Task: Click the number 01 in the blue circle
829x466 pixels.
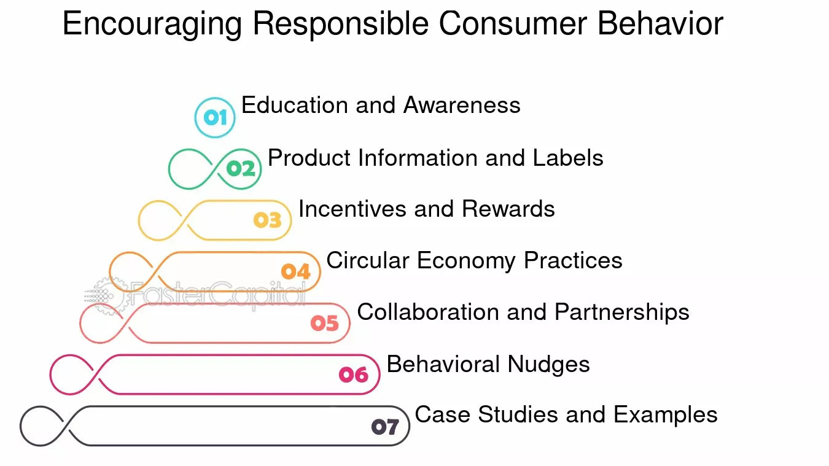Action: click(x=215, y=117)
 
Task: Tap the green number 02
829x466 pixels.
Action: click(x=240, y=169)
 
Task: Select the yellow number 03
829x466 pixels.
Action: click(x=268, y=220)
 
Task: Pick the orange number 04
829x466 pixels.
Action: click(x=296, y=271)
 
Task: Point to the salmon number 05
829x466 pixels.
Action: click(x=325, y=323)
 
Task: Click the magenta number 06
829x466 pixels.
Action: click(x=354, y=375)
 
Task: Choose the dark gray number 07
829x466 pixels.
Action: click(x=385, y=426)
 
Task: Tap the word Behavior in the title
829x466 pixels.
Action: click(x=660, y=25)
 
